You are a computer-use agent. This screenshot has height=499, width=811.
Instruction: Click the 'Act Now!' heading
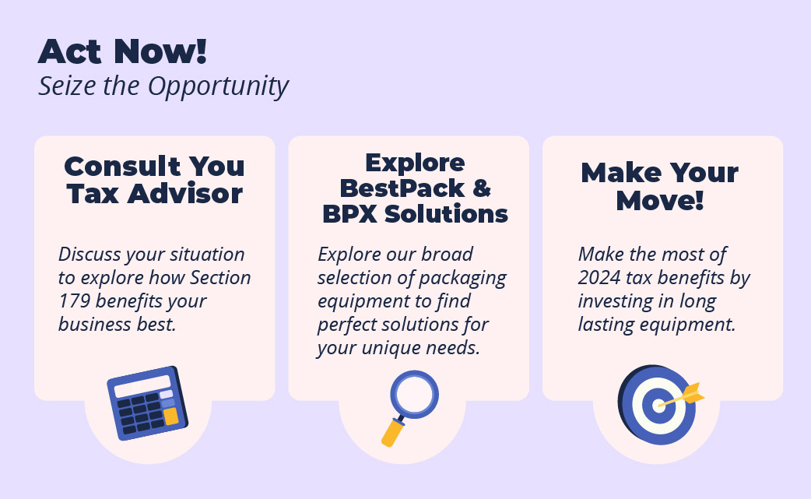[122, 51]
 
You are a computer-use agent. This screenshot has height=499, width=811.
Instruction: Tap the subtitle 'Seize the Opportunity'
[163, 86]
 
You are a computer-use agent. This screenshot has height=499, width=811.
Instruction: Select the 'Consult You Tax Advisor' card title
[155, 180]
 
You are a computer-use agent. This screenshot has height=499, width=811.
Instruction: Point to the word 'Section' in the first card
[220, 278]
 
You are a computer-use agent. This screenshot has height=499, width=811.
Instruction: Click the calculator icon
[147, 403]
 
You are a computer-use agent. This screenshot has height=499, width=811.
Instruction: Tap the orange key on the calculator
[171, 416]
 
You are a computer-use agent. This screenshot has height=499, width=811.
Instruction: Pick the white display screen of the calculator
[142, 386]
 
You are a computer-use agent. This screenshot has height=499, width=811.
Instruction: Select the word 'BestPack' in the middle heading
[402, 188]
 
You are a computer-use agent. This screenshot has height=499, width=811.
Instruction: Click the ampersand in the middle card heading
[482, 188]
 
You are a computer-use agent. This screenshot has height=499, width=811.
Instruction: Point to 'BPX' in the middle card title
[349, 214]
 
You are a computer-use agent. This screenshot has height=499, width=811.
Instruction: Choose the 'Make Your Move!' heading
[660, 186]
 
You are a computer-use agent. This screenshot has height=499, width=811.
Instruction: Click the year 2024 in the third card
[599, 278]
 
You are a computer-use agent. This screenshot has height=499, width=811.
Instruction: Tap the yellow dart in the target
[683, 395]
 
